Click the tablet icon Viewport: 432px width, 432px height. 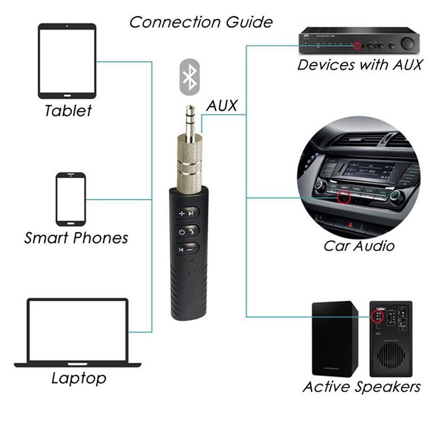(67, 60)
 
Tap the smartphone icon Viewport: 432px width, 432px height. (71, 199)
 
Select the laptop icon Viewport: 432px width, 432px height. (78, 333)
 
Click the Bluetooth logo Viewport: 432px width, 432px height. (190, 77)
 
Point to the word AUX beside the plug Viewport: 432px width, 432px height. (221, 106)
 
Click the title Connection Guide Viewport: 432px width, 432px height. (201, 22)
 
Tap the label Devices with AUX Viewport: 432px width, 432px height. (358, 65)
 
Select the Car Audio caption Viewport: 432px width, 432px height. (359, 246)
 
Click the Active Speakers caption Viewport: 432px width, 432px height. (361, 387)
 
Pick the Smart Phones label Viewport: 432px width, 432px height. (76, 238)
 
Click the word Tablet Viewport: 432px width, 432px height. (68, 111)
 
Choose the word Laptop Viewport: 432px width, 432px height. (79, 378)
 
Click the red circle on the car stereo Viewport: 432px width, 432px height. (342, 198)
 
